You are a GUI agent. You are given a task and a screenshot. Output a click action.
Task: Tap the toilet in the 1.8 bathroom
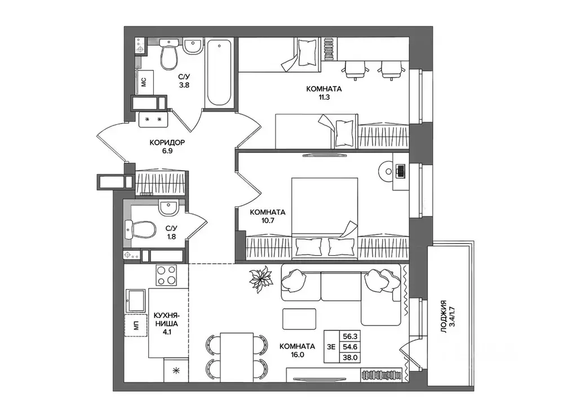coord(140,229)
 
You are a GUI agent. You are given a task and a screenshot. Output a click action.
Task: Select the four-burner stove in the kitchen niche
coord(166,275)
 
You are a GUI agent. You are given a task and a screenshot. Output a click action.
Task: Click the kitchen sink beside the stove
coord(136,300)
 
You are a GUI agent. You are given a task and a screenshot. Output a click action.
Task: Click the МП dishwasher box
coord(136,325)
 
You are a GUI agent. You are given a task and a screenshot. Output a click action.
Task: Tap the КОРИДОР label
coord(167,143)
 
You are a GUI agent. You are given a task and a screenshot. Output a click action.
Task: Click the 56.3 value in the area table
coord(350,336)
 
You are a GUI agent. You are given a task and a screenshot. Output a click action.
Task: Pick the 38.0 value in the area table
coord(350,357)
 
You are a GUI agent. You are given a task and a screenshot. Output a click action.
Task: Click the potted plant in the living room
coord(260,280)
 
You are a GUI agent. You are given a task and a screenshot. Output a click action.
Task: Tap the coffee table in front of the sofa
coord(299,319)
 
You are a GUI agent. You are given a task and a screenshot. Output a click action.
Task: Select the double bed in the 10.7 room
coord(325,218)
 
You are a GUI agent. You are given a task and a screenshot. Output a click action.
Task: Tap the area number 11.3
coord(324,97)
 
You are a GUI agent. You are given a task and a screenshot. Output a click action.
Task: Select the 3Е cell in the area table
coord(331,347)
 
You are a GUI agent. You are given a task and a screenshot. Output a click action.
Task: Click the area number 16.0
coord(297,355)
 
